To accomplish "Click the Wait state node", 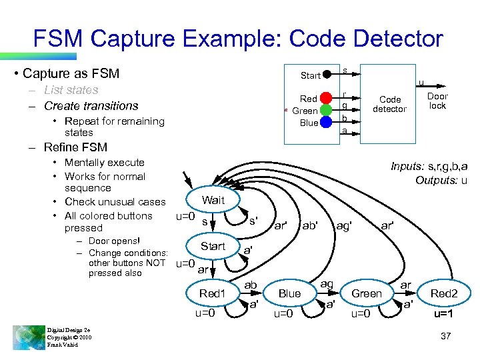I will click(213, 200).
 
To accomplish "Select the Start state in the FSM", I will click(213, 246).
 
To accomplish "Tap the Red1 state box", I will click(213, 293).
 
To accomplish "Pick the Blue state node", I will click(289, 293).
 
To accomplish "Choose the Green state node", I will click(366, 293).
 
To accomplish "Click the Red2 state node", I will click(444, 293).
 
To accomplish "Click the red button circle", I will click(326, 99).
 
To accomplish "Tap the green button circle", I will click(326, 110).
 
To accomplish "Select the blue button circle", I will click(326, 122).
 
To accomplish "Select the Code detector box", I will click(389, 105).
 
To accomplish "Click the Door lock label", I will click(437, 101).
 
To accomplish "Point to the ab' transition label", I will click(310, 225).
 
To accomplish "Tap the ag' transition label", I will click(344, 225).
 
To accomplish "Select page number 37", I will click(446, 337).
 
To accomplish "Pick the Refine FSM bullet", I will click(75, 147).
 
